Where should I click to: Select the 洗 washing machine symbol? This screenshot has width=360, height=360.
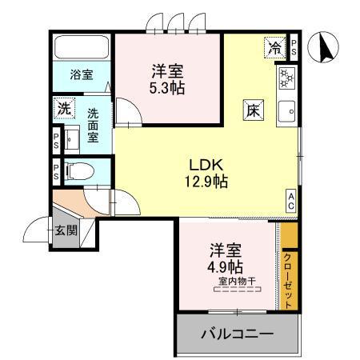pos(63,107)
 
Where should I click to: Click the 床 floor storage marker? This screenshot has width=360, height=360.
pos(251,110)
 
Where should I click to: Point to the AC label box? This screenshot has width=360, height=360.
pos(292,202)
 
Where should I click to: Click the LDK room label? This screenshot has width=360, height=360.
pos(206,165)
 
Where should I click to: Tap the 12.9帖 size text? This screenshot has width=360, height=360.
pos(206,182)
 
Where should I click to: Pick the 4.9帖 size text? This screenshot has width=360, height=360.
pos(227,266)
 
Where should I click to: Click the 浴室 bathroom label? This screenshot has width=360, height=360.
pos(81,75)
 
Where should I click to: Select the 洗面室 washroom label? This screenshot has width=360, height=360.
pos(94,126)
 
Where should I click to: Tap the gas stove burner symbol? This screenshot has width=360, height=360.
pos(286,78)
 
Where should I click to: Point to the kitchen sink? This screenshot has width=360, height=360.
pos(286,112)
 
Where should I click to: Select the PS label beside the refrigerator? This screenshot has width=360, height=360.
pos(294,46)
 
